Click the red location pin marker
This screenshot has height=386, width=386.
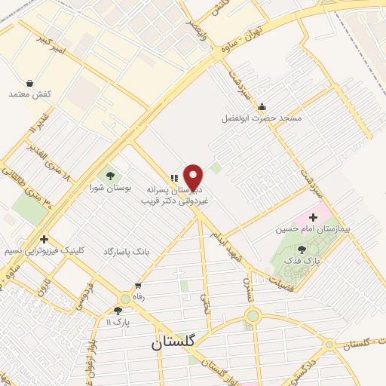[x=194, y=176]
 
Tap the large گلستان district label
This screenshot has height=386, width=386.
[x=173, y=341]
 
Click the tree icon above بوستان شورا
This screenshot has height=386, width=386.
[x=110, y=176]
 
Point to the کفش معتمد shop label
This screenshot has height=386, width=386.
[x=29, y=94]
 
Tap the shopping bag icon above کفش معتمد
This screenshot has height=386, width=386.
[x=29, y=83]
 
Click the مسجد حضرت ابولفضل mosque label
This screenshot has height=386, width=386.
[x=262, y=118]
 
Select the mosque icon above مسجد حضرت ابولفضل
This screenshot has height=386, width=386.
[x=262, y=106]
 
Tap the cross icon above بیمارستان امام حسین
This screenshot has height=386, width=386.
[x=313, y=217]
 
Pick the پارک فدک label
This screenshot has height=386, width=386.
[x=305, y=260]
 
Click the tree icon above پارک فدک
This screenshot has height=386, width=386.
[x=302, y=249]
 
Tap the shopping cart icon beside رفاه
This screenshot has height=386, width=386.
[x=138, y=286]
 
